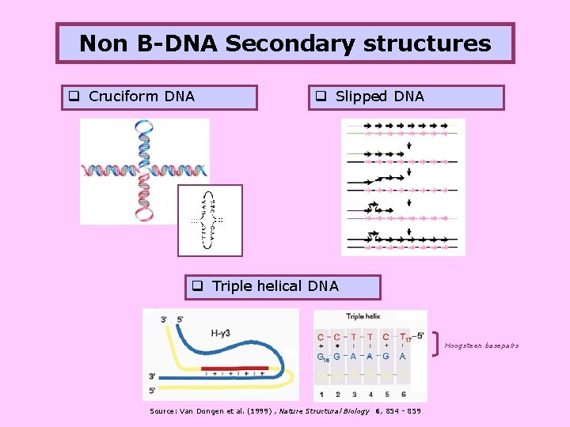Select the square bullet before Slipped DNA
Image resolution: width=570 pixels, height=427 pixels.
[323, 97]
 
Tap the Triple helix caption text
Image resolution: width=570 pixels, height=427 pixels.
[363, 317]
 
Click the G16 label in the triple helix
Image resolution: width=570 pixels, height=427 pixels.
[323, 357]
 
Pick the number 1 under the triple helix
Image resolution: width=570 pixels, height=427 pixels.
[321, 394]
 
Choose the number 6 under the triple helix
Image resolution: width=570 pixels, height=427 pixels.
[403, 394]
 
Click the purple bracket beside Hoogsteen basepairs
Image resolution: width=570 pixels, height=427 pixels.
[437, 342]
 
